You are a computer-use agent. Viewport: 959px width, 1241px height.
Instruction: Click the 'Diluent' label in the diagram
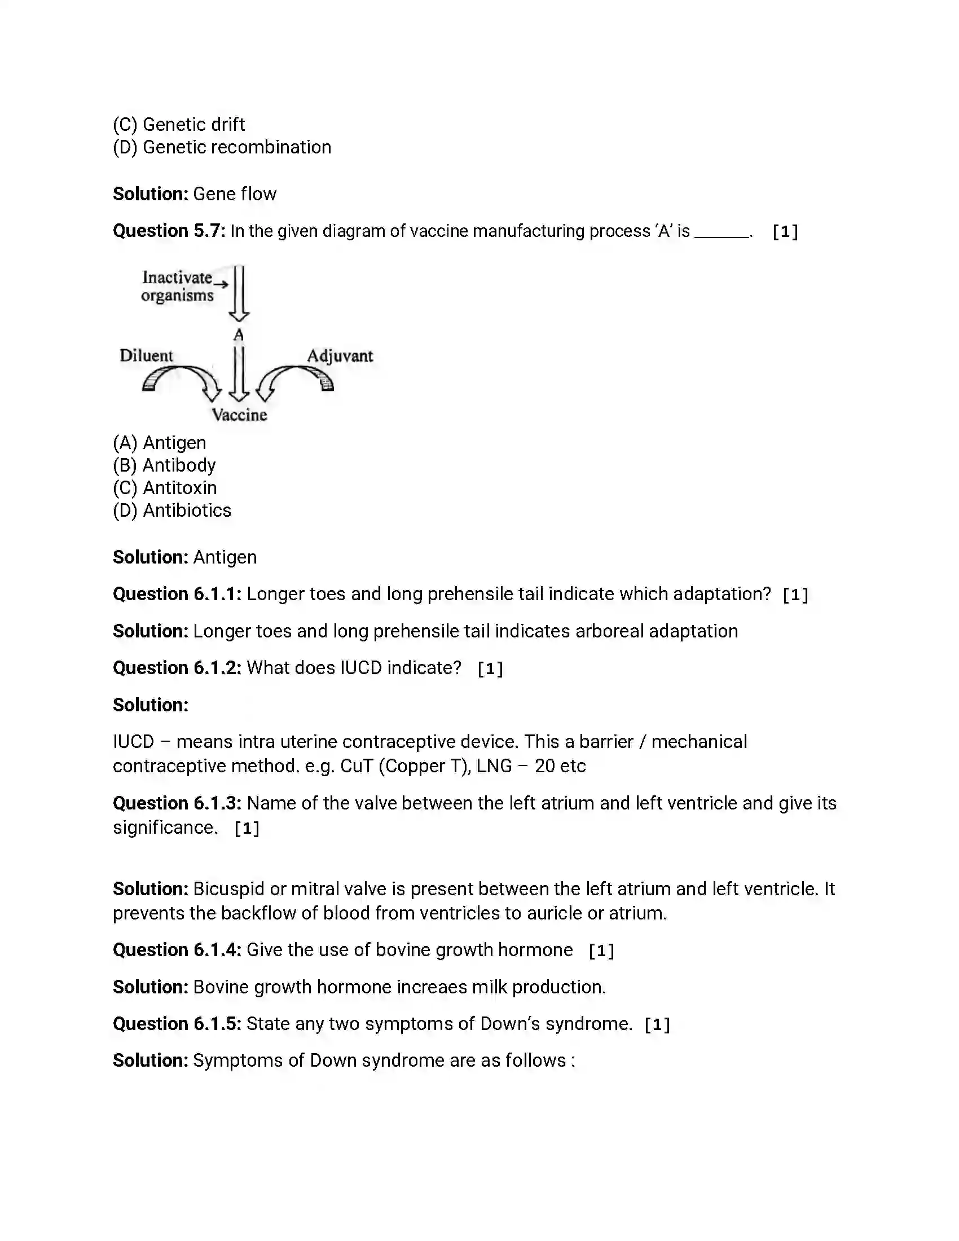point(146,356)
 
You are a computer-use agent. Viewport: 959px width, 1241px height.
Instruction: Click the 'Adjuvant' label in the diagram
point(340,357)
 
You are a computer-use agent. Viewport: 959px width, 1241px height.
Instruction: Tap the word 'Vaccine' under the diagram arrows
point(239,415)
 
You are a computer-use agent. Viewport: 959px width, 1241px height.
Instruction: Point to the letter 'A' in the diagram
point(239,335)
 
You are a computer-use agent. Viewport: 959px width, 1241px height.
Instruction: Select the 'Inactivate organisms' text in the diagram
point(177,287)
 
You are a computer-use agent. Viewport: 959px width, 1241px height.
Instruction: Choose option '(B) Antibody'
point(164,465)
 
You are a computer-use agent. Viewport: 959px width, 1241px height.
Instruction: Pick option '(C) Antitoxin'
point(165,488)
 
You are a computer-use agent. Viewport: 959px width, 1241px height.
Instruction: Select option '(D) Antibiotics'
point(172,511)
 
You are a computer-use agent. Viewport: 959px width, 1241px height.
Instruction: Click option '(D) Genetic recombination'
point(222,147)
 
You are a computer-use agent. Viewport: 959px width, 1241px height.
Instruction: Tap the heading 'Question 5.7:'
point(169,231)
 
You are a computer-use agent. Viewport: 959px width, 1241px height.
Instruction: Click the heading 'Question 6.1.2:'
point(177,668)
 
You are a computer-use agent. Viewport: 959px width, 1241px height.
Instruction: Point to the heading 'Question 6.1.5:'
point(177,1023)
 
